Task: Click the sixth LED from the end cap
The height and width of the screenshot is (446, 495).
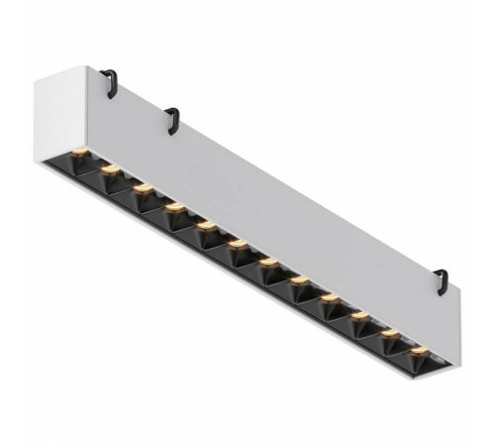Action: coord(238,243)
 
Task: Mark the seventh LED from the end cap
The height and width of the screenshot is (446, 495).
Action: coord(268,262)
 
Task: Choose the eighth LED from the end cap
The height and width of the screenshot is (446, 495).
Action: coord(299,280)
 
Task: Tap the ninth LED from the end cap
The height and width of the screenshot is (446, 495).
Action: coord(329,297)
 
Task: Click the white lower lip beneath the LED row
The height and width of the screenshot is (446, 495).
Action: coord(247,287)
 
